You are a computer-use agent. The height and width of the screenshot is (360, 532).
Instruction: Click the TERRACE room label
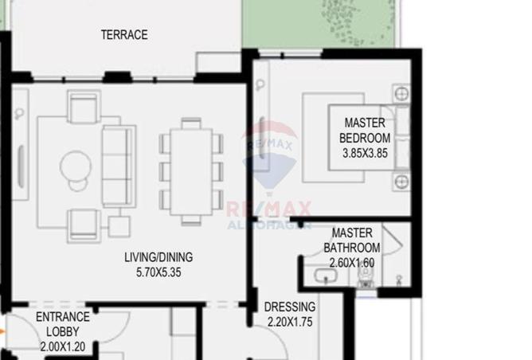(124, 35)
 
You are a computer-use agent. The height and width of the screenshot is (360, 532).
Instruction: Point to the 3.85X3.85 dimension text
(364, 154)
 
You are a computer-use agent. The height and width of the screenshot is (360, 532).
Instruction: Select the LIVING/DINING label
(158, 258)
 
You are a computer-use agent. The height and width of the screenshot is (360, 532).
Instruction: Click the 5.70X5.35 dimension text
(158, 272)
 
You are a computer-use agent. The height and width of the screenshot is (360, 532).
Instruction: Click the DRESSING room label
(291, 307)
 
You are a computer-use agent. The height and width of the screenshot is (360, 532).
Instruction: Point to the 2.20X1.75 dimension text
(291, 323)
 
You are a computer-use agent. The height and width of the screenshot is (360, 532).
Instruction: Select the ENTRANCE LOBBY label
(64, 325)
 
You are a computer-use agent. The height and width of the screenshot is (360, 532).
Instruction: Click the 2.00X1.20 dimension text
(64, 346)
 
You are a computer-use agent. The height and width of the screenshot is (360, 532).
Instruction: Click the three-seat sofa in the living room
(116, 166)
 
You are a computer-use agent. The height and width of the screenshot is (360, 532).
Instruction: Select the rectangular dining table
(190, 170)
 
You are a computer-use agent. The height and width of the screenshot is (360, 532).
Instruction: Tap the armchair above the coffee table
(82, 108)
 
